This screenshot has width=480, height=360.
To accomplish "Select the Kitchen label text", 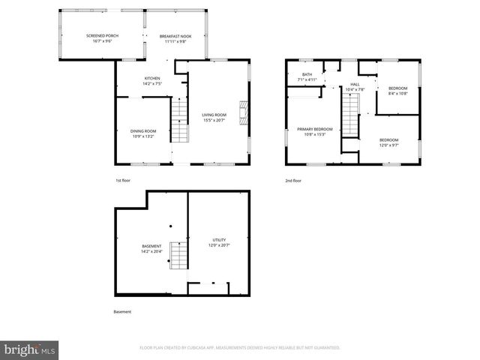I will (152, 79).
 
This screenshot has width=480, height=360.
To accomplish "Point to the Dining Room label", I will (142, 131).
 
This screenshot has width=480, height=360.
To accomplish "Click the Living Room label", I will (214, 115).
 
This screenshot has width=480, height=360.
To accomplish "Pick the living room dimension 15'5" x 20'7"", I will (214, 120).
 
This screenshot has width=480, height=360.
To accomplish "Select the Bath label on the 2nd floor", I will (307, 74).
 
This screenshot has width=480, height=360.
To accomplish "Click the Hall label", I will (355, 84).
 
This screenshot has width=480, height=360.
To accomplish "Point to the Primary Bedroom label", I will (314, 129).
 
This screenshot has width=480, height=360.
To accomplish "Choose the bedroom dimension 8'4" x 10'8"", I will (397, 93).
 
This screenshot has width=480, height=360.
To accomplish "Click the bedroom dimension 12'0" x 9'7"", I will (388, 145).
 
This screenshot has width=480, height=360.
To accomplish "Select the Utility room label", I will (218, 240).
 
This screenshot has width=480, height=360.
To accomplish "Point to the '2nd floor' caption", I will (293, 181).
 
